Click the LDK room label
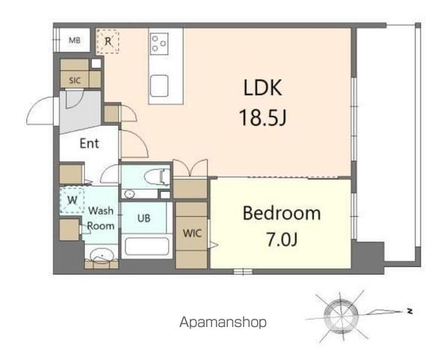(263, 88)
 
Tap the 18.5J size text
(263, 118)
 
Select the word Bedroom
(282, 213)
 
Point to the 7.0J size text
(282, 239)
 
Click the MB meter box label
(74, 40)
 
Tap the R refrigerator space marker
(108, 41)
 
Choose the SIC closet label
(75, 80)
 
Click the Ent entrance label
(89, 143)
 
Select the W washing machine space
(72, 200)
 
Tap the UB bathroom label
(144, 218)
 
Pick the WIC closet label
(193, 234)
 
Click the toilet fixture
(157, 177)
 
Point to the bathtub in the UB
(147, 247)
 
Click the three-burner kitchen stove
(159, 43)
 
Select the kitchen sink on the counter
(159, 85)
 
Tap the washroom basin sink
(101, 255)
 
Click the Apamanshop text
(223, 322)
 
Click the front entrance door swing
(41, 110)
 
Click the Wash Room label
(100, 218)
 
